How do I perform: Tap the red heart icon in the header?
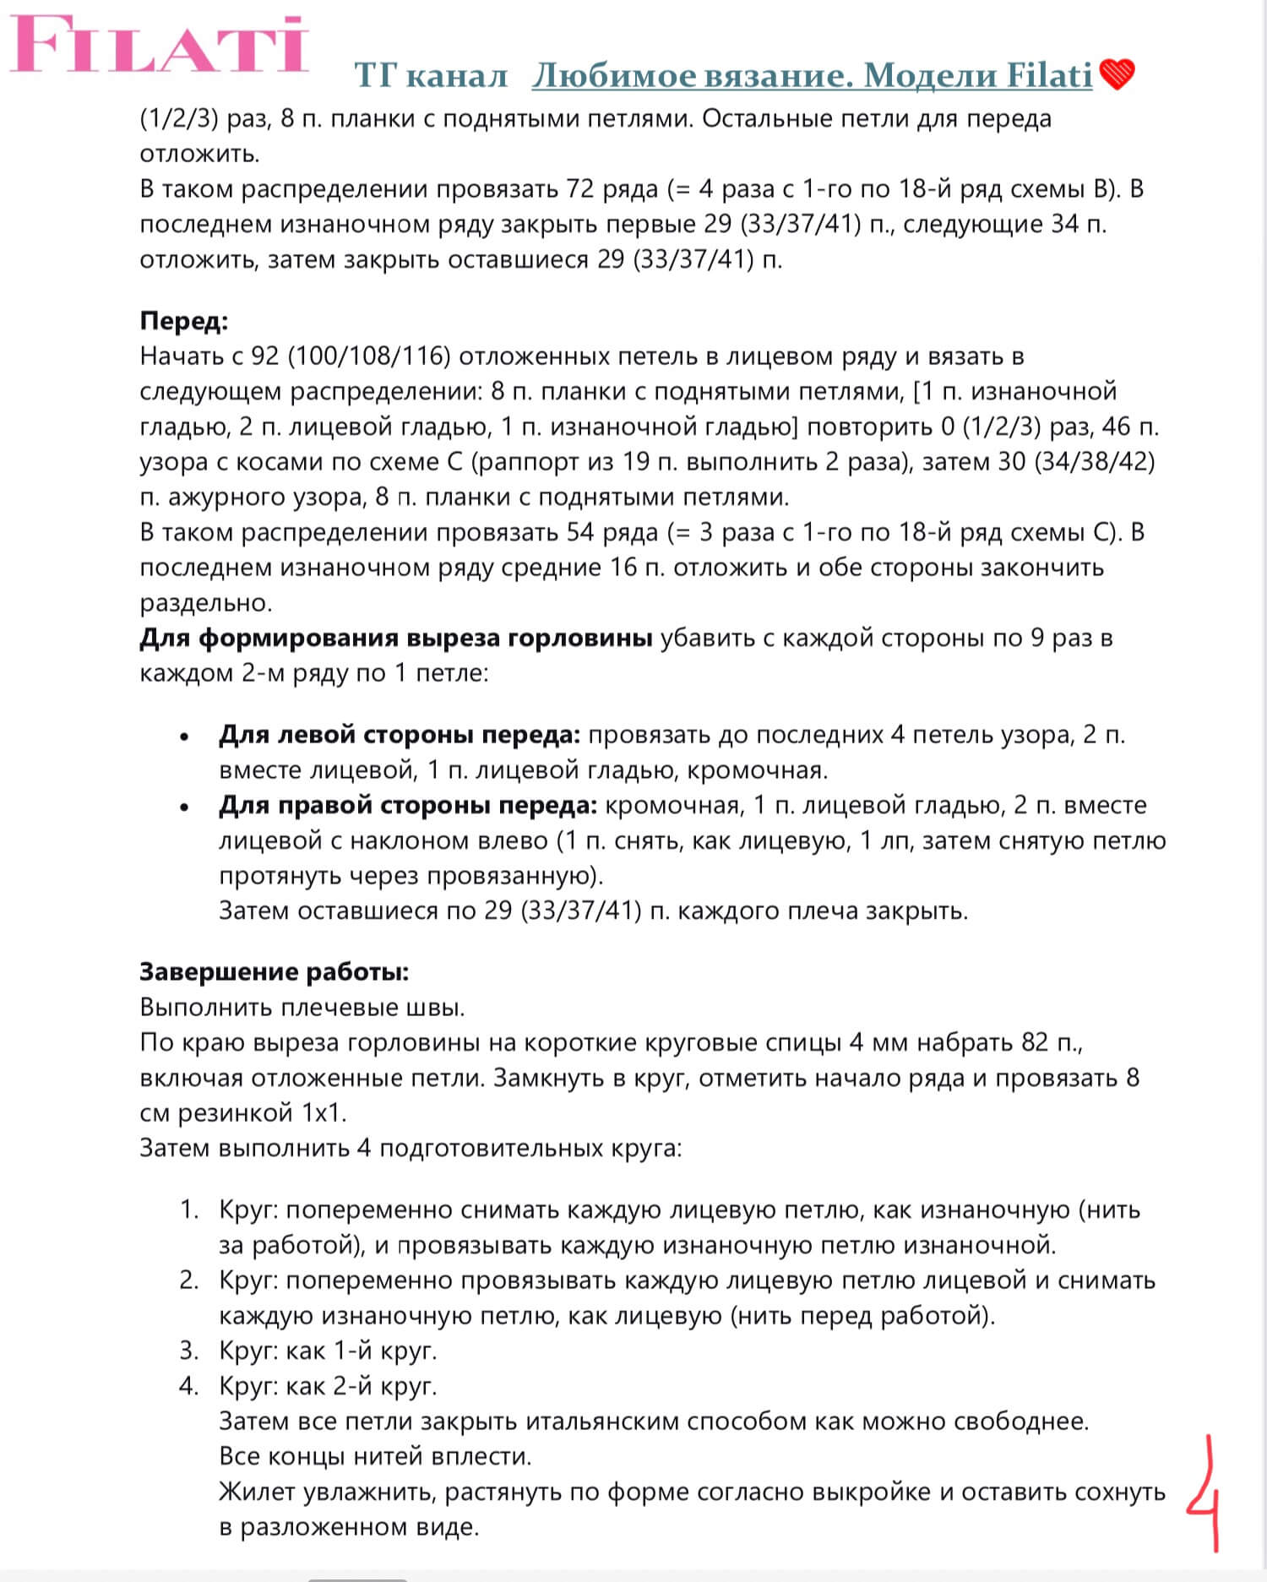(1117, 75)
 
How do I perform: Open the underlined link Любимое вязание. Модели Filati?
(812, 76)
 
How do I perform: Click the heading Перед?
(184, 321)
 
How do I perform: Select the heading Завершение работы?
(274, 971)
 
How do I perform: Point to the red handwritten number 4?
(1204, 1495)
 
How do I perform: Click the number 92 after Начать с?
(264, 356)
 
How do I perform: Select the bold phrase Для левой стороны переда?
(400, 735)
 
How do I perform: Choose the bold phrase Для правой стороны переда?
(408, 805)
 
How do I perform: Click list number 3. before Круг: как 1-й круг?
(188, 1351)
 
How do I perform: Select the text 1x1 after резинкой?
(322, 1113)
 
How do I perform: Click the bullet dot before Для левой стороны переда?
(184, 737)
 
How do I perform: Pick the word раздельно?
(205, 603)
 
